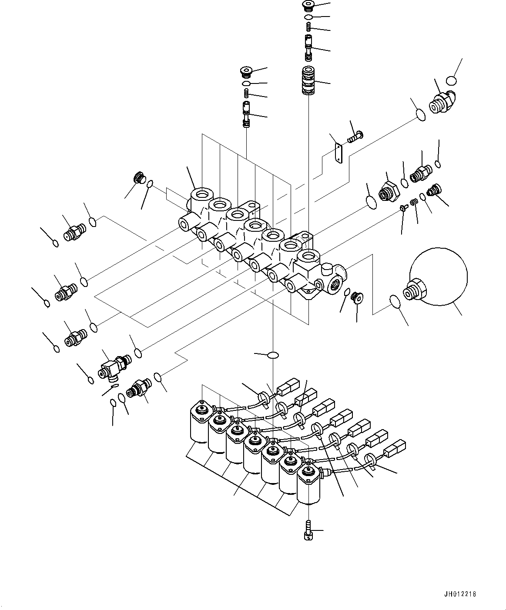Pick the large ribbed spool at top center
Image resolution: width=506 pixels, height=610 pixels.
308,80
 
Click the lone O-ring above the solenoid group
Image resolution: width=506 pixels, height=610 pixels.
273,355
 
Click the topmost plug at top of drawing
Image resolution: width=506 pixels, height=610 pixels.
308,6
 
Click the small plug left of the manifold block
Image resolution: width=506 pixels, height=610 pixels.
138,178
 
